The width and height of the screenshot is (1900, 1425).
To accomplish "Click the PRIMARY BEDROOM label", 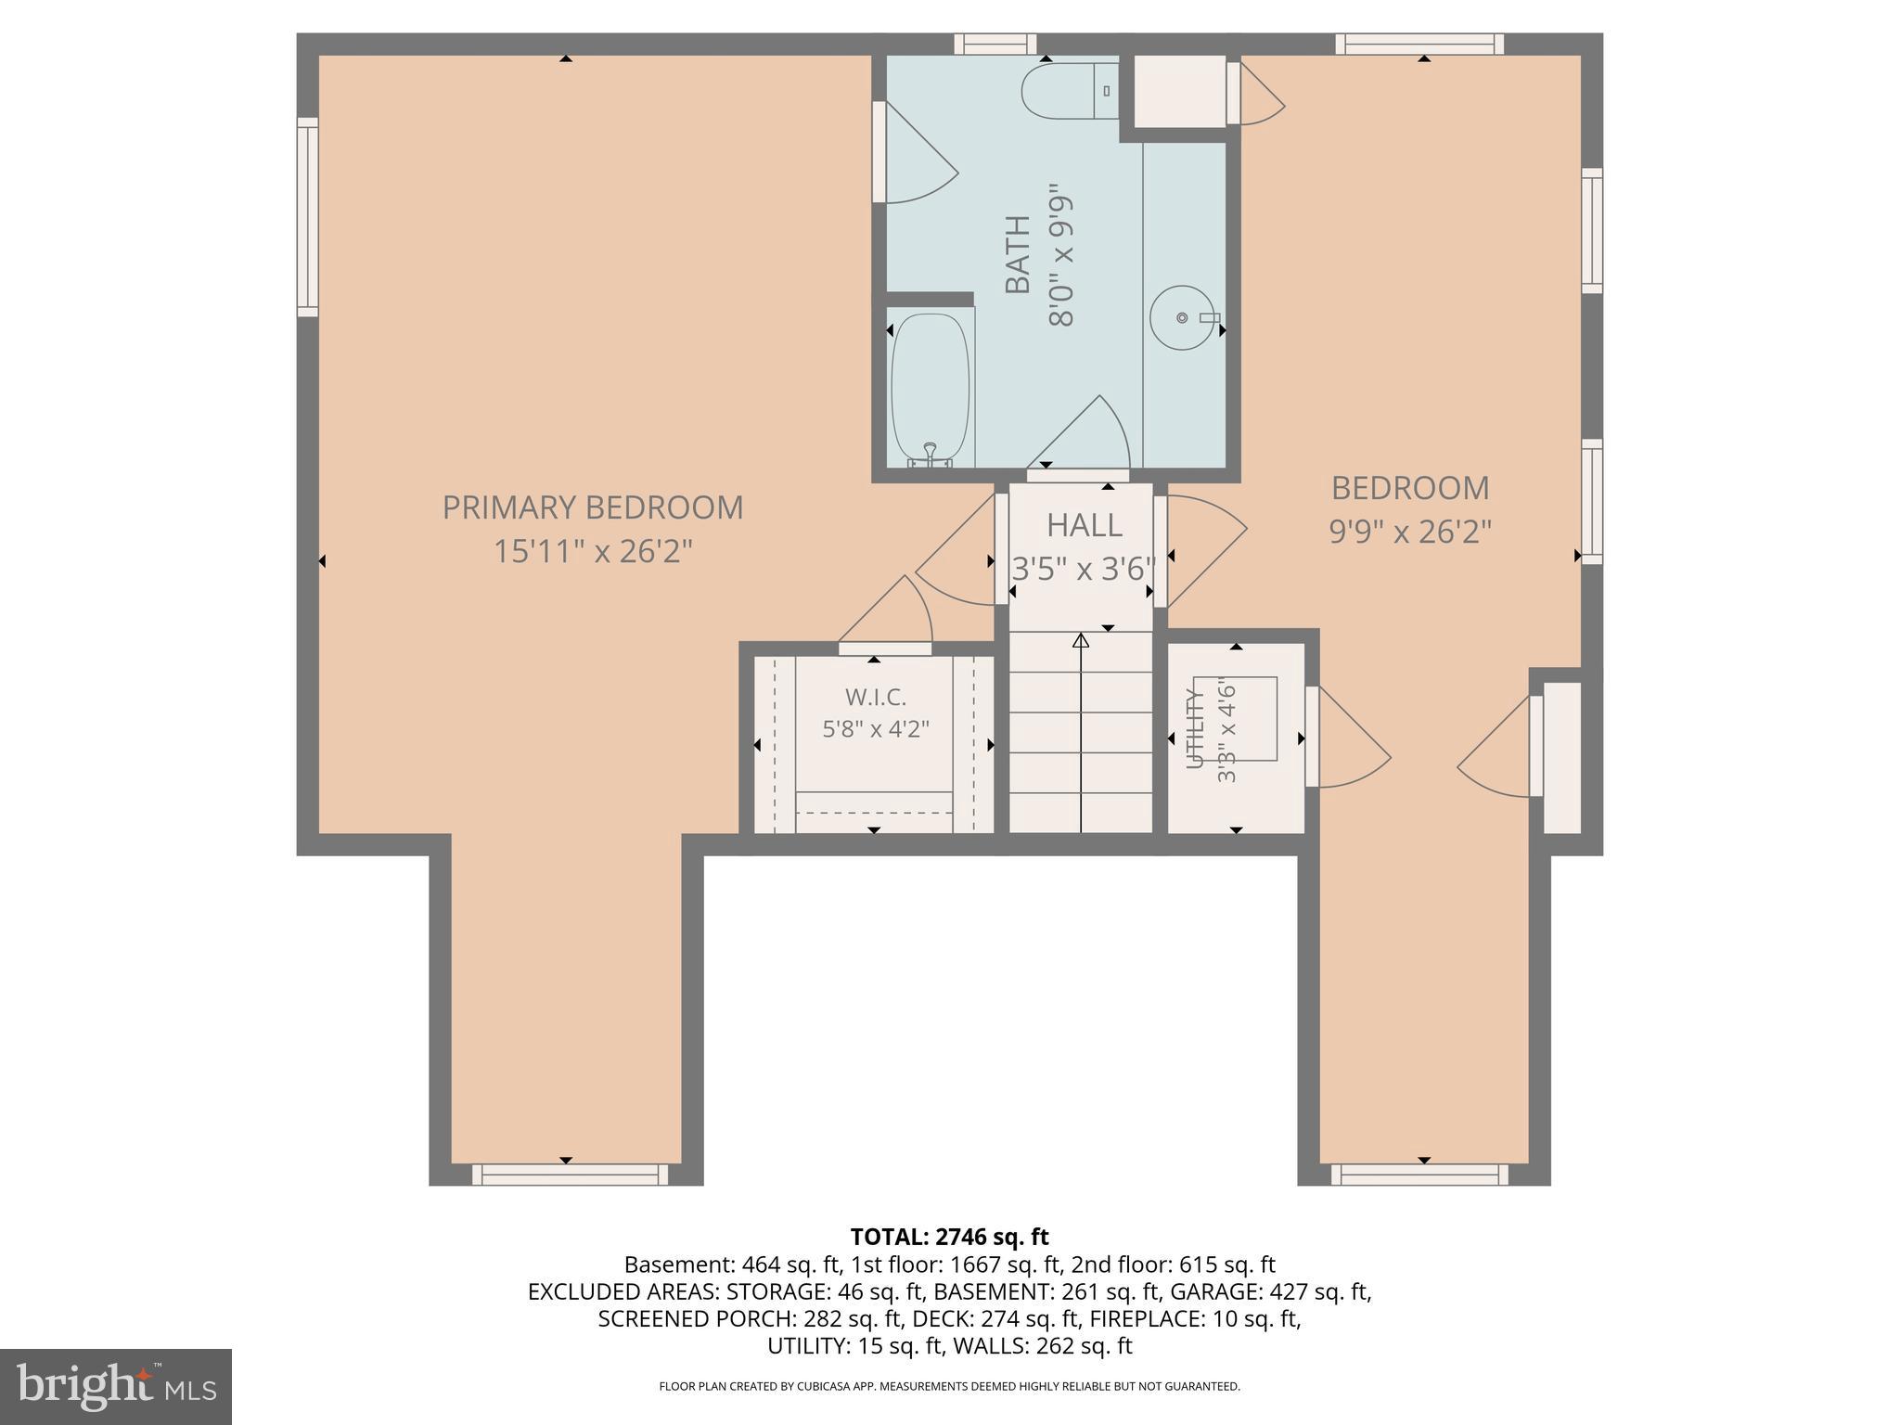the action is [593, 507].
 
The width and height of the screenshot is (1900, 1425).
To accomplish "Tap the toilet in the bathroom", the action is [1070, 91].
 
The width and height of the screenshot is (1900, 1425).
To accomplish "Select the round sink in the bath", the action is [1182, 317].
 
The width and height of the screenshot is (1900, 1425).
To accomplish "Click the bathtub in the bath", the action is [931, 390].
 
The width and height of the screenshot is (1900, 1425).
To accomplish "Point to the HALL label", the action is [1084, 525].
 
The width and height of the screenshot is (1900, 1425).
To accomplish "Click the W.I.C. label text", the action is [875, 697].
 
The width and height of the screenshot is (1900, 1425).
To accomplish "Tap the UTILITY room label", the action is [1195, 728].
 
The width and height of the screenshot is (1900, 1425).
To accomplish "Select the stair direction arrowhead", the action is [1081, 640].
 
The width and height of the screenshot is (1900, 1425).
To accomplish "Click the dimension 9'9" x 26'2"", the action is [1410, 533].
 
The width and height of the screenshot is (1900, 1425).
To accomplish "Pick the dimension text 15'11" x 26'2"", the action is [593, 552].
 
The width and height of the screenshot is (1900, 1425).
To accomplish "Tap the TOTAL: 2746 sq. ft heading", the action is [949, 1237].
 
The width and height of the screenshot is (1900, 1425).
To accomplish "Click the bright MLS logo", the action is [116, 1387].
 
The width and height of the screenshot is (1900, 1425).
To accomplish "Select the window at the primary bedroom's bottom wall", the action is [570, 1175].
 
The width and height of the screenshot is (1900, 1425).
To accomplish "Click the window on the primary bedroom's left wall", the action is [308, 217].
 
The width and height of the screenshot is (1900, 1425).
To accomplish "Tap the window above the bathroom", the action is [995, 44].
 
